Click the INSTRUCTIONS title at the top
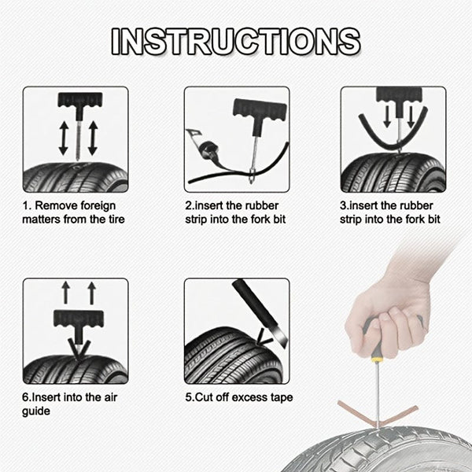click(x=236, y=42)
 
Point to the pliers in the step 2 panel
click(x=203, y=144)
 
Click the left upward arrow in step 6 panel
click(x=67, y=293)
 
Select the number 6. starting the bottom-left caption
click(x=26, y=398)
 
